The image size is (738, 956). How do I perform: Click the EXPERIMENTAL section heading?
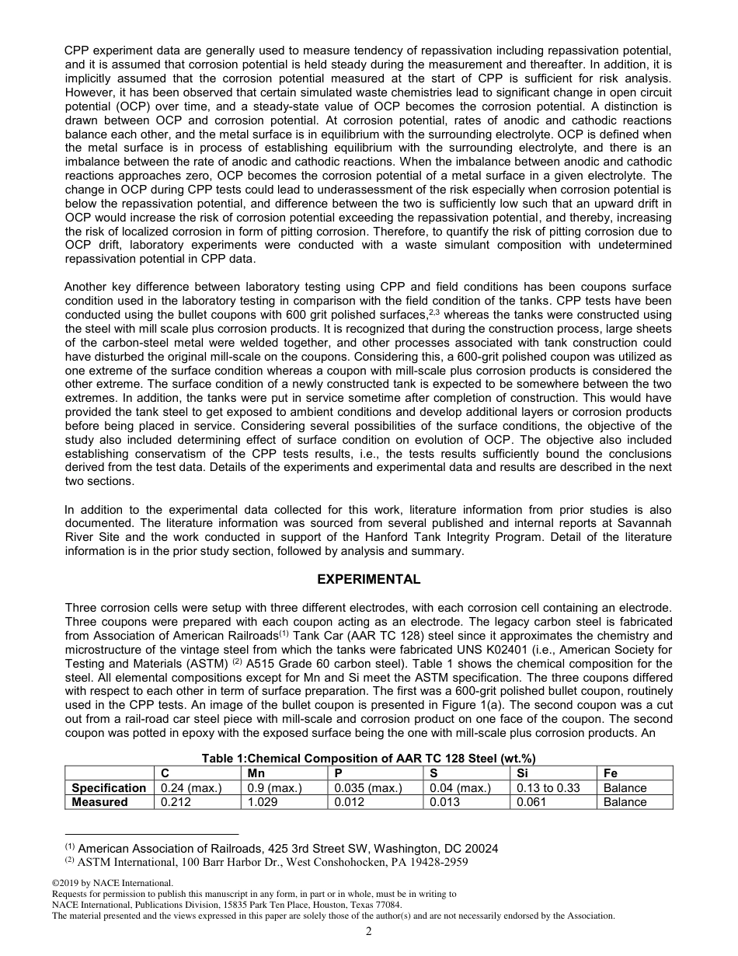[x=369, y=579]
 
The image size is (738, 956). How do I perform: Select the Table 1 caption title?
[x=369, y=759]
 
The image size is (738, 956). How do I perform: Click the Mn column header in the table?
[x=256, y=773]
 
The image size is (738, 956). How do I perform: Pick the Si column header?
[x=524, y=773]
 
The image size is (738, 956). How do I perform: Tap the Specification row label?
[x=109, y=787]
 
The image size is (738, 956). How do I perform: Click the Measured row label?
[x=99, y=801]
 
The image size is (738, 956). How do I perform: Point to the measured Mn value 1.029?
[x=262, y=801]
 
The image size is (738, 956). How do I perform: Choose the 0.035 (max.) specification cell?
[x=367, y=787]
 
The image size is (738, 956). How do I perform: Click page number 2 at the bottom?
[x=369, y=932]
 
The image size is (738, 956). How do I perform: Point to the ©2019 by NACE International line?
[x=112, y=883]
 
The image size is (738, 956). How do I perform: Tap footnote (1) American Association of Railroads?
[x=287, y=849]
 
